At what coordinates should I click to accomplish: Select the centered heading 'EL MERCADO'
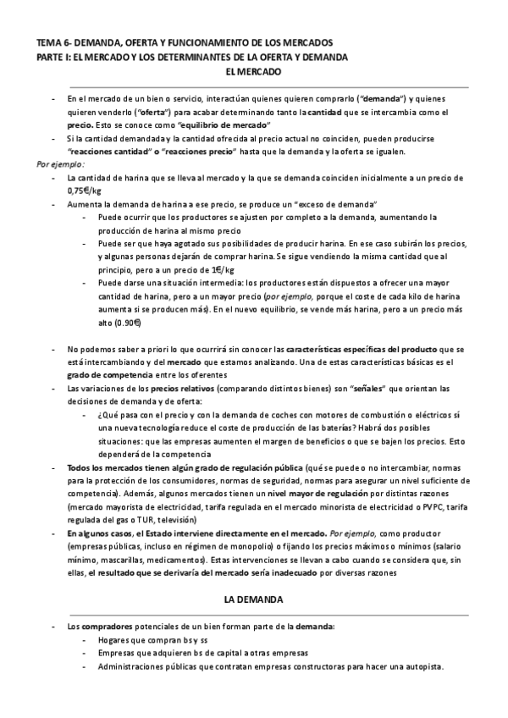tap(253, 73)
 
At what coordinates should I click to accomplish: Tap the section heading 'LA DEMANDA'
tap(253, 599)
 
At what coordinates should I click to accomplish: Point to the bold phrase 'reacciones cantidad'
tap(106, 152)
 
